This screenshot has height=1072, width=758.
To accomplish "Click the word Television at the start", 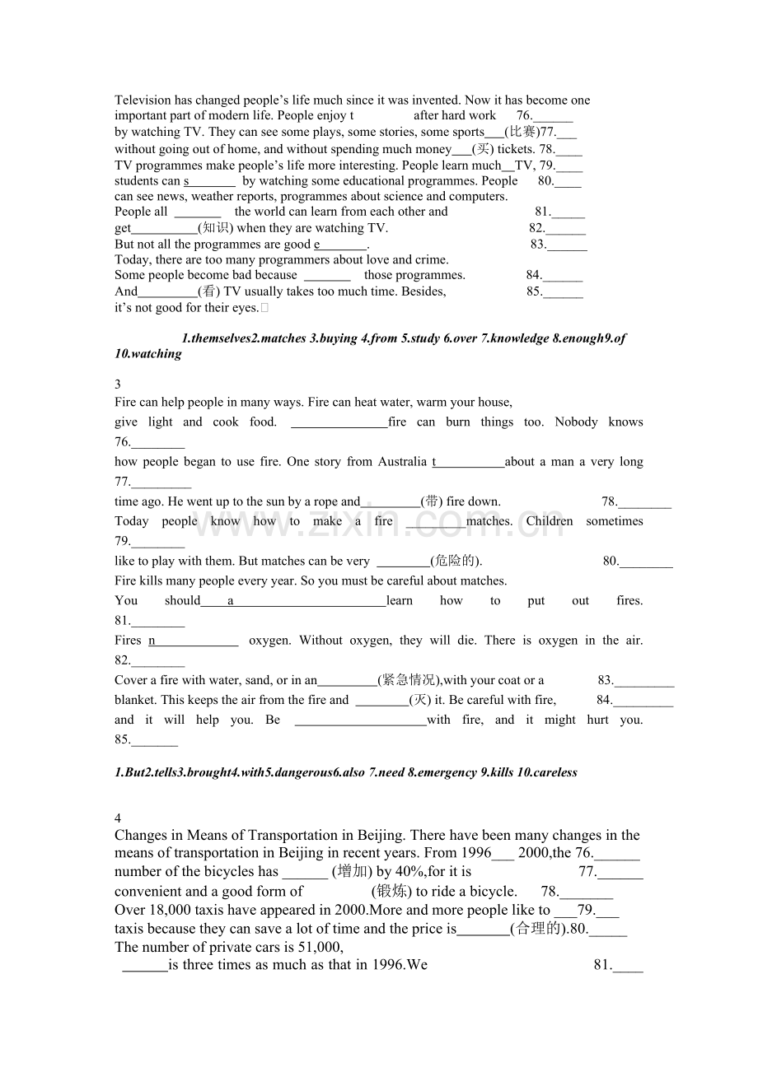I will pyautogui.click(x=143, y=100).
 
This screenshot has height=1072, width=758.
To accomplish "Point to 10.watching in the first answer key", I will pyautogui.click(x=148, y=354).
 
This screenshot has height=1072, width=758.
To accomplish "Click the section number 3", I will pyautogui.click(x=118, y=384).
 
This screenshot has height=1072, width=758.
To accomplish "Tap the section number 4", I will pyautogui.click(x=118, y=818).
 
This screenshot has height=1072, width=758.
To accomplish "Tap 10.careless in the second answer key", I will pyautogui.click(x=547, y=772).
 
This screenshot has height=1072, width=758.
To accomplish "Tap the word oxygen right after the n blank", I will pyautogui.click(x=269, y=641).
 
